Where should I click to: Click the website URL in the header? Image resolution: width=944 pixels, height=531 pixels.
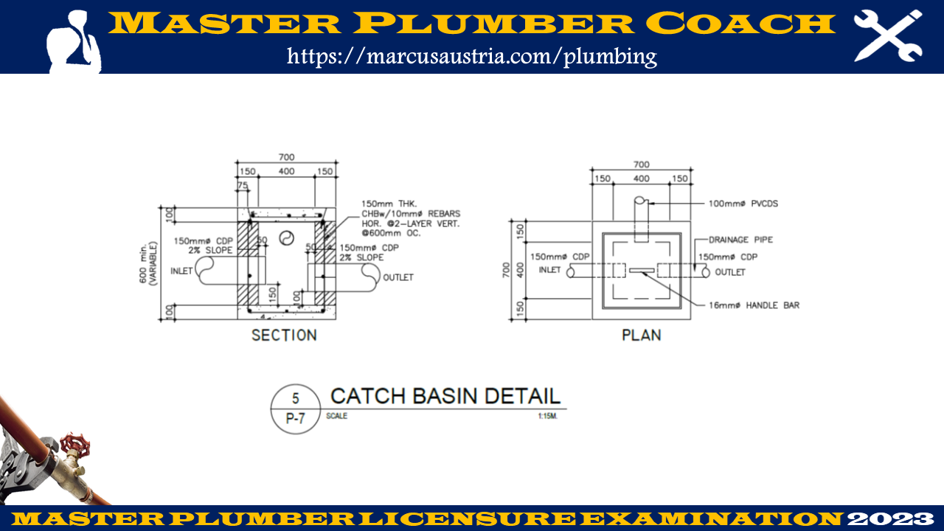point(471,55)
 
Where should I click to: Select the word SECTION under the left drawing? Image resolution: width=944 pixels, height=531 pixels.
point(284,336)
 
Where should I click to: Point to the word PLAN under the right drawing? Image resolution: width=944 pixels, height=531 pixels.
point(641,336)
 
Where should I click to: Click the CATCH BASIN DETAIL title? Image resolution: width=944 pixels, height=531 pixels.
point(445,396)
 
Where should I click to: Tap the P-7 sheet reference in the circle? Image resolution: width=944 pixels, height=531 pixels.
point(295,419)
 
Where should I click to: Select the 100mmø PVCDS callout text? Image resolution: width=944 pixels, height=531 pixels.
point(743,204)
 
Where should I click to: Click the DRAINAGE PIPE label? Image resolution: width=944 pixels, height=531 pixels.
point(740,240)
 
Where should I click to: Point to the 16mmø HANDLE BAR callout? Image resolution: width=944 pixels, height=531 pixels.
point(754,305)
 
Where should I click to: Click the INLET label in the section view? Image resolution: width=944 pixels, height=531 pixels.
point(182,271)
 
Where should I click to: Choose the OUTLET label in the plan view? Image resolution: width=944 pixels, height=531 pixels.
point(729,272)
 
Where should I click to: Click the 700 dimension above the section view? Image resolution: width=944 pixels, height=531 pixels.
point(286,157)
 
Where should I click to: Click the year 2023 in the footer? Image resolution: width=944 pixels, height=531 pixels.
point(892,518)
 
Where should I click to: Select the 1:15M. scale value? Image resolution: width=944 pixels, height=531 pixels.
point(547,416)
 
